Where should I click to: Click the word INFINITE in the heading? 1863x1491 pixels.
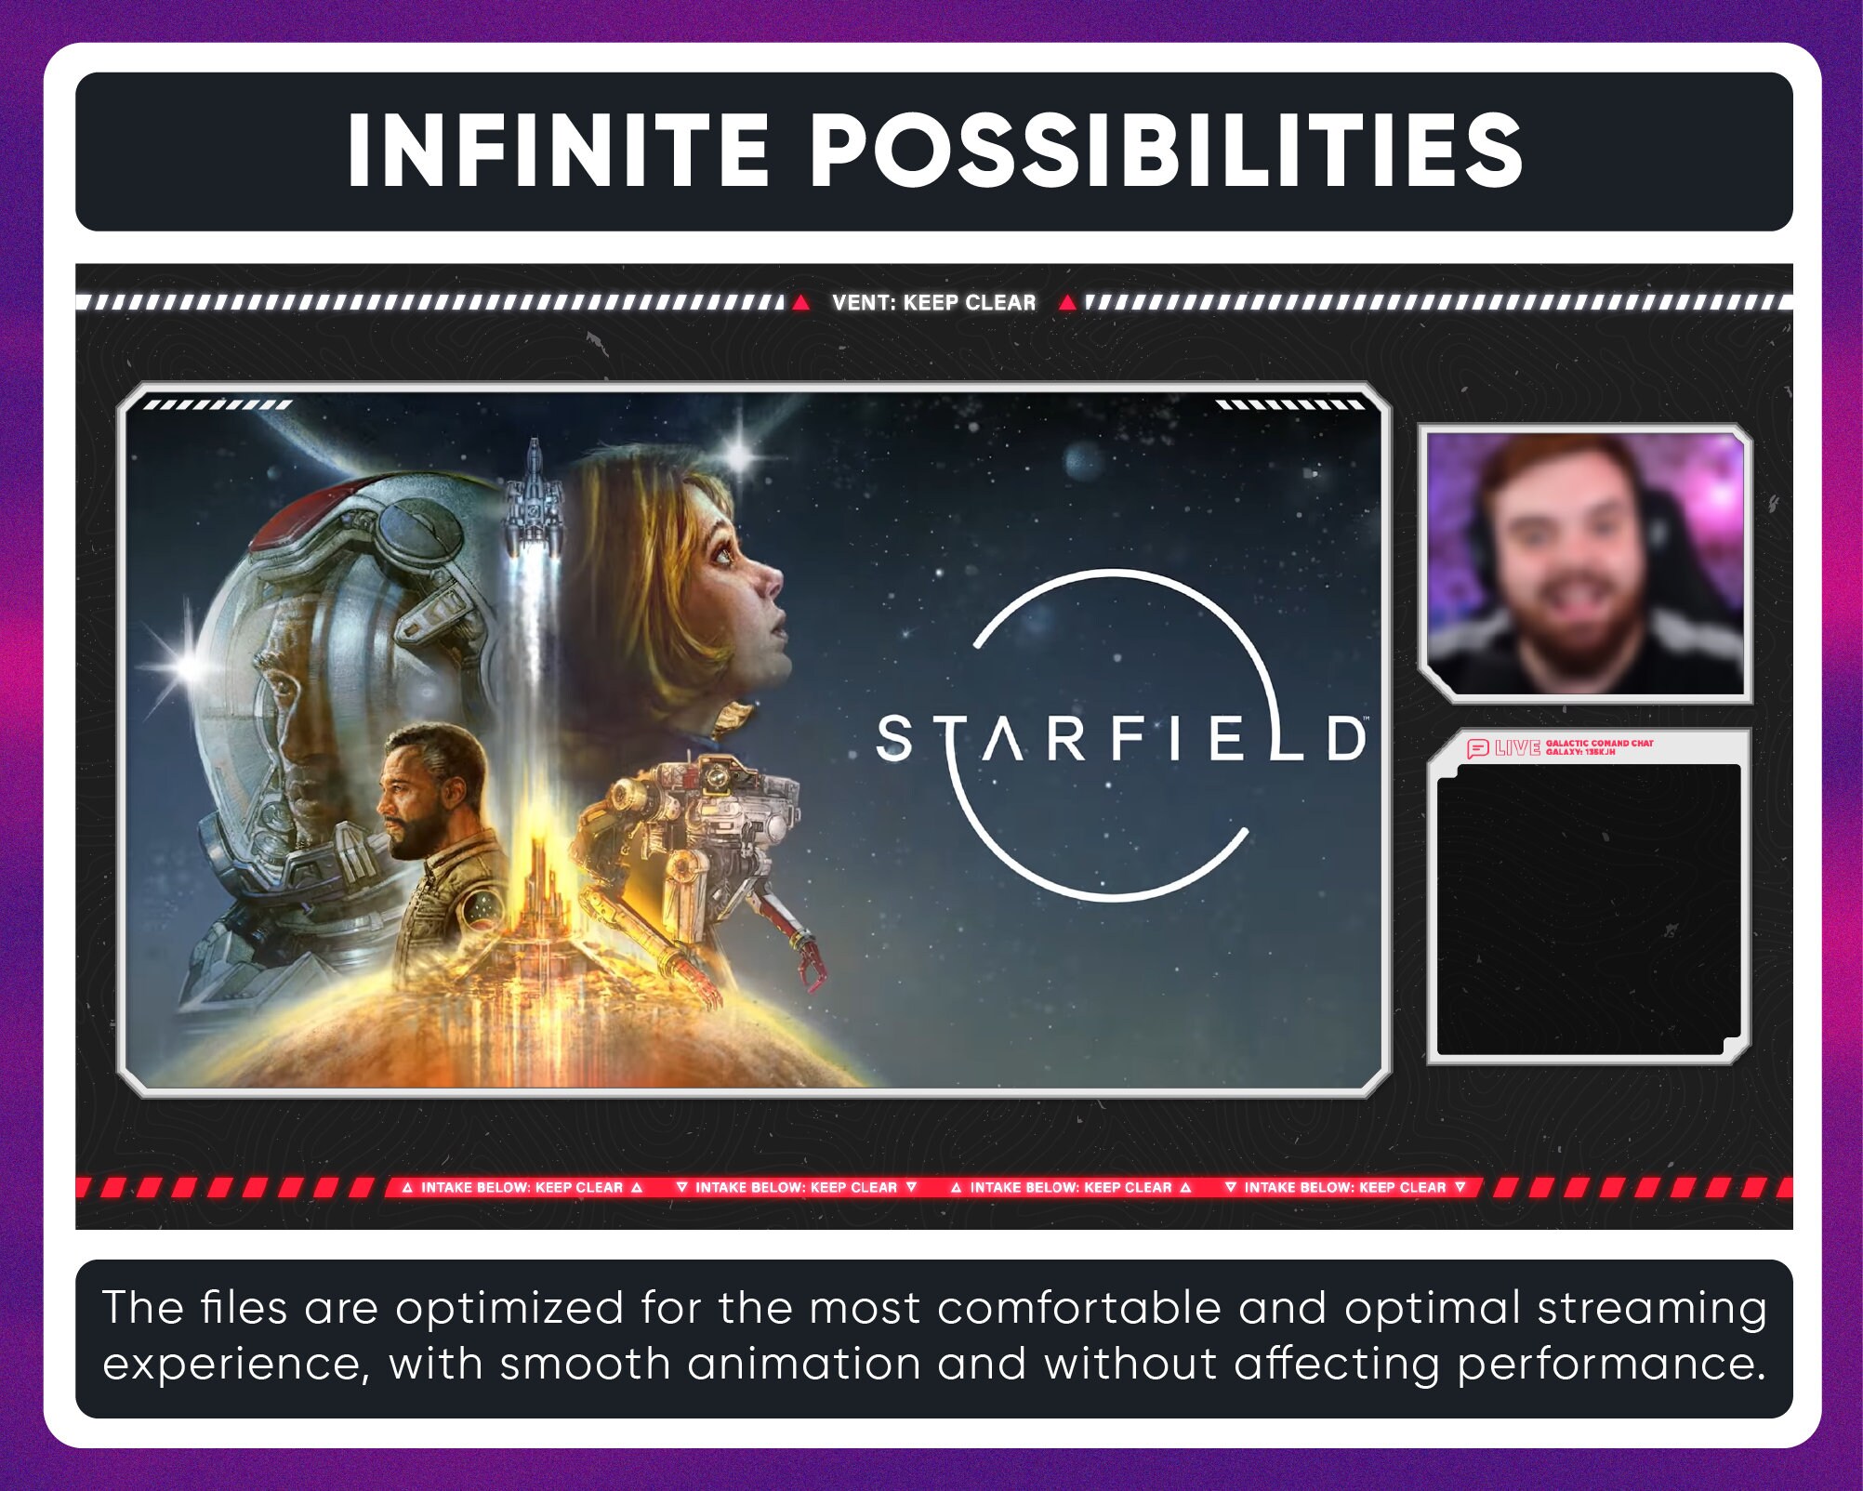557,152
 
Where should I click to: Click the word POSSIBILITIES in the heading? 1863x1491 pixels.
1166,152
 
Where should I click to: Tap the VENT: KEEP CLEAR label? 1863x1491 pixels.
933,302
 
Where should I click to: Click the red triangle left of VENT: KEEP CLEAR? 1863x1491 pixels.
800,303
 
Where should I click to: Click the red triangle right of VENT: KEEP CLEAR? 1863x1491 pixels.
1068,303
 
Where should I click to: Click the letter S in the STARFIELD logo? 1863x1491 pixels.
895,739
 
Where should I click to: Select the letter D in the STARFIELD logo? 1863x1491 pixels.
1345,739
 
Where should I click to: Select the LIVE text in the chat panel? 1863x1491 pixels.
1517,747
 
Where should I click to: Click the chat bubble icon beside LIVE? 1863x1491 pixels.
1477,748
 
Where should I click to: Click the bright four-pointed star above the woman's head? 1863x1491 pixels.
741,455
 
